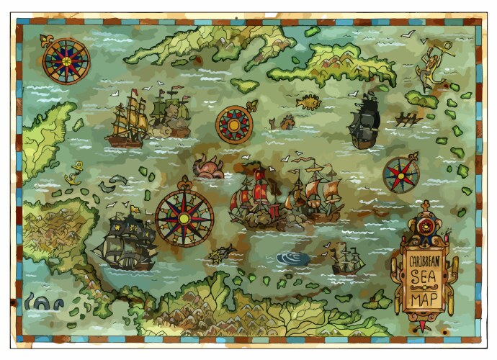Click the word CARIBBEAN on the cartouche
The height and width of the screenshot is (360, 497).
424,262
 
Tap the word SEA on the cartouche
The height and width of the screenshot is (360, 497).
424,279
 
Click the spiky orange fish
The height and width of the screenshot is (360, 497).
308,101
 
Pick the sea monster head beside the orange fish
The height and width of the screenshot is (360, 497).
283,122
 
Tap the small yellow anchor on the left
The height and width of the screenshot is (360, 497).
73,173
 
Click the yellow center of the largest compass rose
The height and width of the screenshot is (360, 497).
184,217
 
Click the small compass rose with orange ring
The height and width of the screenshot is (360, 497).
234,125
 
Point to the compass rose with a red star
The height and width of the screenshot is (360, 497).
400,174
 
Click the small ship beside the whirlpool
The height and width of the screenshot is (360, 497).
346,261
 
